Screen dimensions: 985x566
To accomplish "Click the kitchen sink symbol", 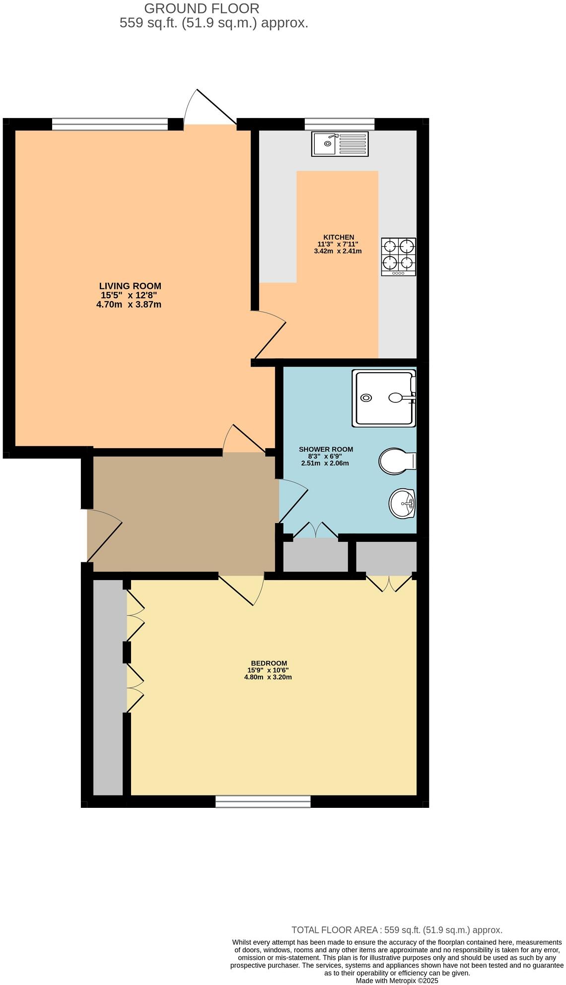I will pyautogui.click(x=340, y=144).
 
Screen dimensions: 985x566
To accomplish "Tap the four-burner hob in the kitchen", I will pyautogui.click(x=398, y=257).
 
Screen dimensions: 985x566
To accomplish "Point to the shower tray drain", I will pyautogui.click(x=366, y=397).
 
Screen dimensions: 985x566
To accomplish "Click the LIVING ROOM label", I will pyautogui.click(x=130, y=286).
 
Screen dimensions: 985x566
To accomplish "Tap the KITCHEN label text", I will pyautogui.click(x=339, y=237).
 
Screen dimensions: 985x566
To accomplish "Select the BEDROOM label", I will pyautogui.click(x=269, y=663).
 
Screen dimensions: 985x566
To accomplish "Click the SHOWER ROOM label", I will pyautogui.click(x=326, y=449).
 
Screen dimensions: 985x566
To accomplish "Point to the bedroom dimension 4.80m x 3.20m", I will pyautogui.click(x=268, y=677).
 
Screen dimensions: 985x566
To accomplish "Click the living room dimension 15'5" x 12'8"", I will pyautogui.click(x=129, y=295).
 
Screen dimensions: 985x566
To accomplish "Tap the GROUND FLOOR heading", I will pyautogui.click(x=201, y=8).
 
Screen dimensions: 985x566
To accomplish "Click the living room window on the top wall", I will pyautogui.click(x=110, y=124).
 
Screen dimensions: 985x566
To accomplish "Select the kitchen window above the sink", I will pyautogui.click(x=339, y=124).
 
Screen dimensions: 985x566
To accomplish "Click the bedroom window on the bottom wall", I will pyautogui.click(x=263, y=801).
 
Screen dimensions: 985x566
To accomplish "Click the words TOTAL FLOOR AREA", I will pyautogui.click(x=336, y=930).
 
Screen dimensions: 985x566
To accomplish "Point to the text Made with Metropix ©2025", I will pyautogui.click(x=397, y=981).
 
